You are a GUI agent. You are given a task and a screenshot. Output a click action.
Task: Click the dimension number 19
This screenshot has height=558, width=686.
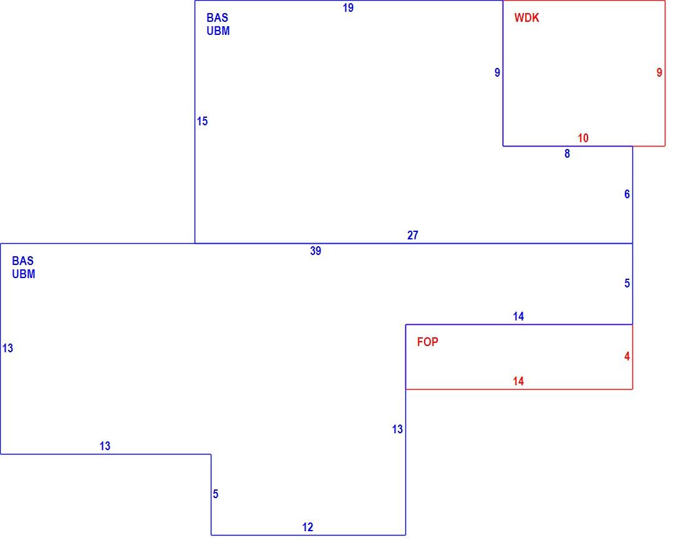tap(348, 8)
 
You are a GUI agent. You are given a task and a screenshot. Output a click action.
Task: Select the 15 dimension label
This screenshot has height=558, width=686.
tap(202, 121)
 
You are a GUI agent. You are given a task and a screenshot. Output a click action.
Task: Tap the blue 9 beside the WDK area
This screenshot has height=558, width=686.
tap(498, 72)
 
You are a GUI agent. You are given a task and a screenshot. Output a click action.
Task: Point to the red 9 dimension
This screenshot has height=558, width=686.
tap(659, 72)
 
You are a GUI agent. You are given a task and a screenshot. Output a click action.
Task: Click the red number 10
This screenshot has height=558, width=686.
tap(582, 138)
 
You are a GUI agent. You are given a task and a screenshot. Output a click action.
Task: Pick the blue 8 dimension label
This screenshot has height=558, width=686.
tap(568, 153)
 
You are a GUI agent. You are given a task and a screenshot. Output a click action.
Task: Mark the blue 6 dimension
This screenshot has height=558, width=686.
tap(627, 194)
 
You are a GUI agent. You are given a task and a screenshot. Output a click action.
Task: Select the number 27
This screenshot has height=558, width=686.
tap(413, 235)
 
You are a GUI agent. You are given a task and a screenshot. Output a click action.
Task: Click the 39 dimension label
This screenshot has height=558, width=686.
tap(316, 251)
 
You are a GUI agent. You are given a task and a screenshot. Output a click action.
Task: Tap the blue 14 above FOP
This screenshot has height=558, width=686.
tap(518, 317)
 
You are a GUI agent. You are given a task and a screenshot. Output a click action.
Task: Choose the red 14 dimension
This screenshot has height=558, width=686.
tap(518, 382)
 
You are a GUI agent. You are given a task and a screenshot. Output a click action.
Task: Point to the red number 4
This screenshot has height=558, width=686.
tap(627, 357)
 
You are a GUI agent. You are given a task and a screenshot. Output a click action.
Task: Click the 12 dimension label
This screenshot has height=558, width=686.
tap(307, 527)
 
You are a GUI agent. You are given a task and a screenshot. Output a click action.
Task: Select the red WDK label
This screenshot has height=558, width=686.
tap(527, 18)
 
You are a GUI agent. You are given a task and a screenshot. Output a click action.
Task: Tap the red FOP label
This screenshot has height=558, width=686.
tap(427, 342)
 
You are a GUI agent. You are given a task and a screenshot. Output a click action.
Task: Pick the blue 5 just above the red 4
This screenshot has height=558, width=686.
tap(627, 284)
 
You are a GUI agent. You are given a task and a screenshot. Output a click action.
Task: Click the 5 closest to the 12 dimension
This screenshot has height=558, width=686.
tap(215, 494)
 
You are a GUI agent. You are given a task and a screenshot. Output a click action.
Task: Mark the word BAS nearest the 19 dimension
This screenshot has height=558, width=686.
tap(218, 18)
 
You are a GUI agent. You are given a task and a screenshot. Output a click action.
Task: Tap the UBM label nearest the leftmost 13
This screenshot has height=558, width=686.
tap(24, 274)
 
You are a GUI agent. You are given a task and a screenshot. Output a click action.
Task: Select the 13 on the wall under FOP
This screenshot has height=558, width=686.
tap(397, 430)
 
